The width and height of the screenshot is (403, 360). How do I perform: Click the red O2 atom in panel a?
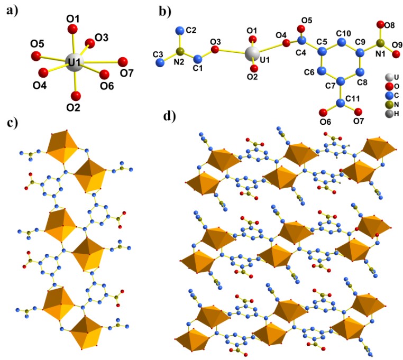(76, 96)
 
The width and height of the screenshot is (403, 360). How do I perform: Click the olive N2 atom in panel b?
(180, 51)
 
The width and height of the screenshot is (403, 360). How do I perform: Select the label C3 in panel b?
(157, 54)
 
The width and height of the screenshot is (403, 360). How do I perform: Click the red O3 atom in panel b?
(215, 49)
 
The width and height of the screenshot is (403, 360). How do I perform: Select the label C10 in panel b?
(344, 33)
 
